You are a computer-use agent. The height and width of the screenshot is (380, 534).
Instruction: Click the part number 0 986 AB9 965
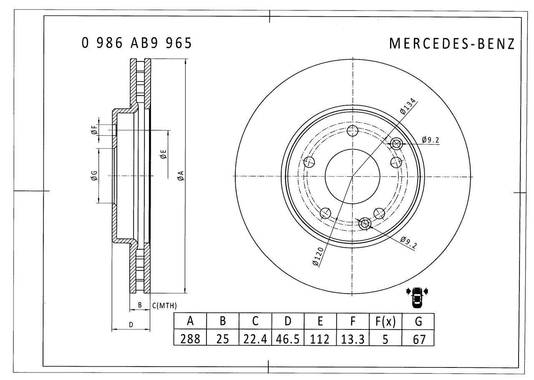pos(137,43)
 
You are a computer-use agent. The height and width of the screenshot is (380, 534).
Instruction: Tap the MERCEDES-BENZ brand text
pos(452,43)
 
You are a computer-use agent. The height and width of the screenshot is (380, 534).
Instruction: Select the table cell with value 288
pos(190,339)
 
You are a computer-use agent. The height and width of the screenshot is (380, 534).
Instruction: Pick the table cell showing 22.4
pos(255,339)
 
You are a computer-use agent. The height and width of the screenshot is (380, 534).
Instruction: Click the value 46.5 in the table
pos(288,339)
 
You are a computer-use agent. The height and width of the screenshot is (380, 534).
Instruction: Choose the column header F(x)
pos(385,321)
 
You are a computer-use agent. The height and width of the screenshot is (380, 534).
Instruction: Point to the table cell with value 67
pos(418,339)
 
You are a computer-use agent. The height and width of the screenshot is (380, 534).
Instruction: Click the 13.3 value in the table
pos(353,339)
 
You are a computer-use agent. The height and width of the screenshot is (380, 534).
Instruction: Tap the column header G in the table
pos(418,321)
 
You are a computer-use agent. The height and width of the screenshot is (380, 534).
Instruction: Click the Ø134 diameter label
pos(408,106)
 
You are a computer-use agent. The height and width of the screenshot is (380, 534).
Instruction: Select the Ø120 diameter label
pos(318,256)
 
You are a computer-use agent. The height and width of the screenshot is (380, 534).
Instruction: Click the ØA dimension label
pos(181,176)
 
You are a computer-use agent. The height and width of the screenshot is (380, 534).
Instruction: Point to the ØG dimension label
pos(94,176)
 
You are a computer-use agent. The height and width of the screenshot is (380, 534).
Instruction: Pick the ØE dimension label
pos(163,155)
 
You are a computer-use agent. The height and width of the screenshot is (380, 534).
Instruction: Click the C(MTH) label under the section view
pos(164,306)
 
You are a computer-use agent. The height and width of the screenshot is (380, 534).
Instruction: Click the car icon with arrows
pos(417,297)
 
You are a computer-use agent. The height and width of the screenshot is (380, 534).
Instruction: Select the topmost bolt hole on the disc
pos(353,131)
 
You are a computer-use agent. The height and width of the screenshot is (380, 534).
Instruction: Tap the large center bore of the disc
pos(353,176)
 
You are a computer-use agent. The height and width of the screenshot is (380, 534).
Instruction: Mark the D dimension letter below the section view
pos(131,324)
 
